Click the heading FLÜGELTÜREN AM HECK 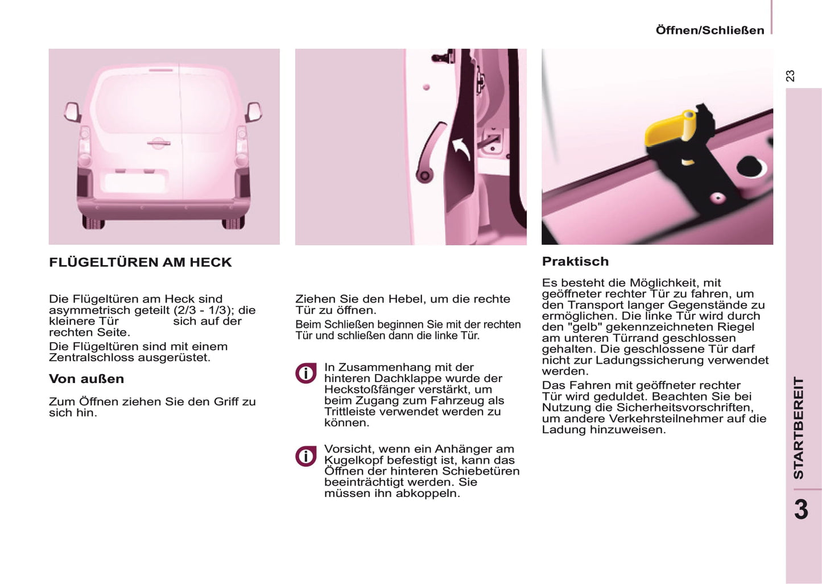(x=141, y=262)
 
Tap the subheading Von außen (x=86, y=379)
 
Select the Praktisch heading (x=575, y=262)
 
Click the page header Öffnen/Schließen (x=709, y=30)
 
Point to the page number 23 (x=790, y=76)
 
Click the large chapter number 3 (x=801, y=509)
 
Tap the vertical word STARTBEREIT (x=799, y=427)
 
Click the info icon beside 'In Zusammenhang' (x=306, y=373)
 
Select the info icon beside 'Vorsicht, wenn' (x=306, y=456)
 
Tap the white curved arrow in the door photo (x=461, y=149)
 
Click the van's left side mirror (x=72, y=112)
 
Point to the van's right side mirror (x=254, y=112)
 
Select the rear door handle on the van (x=158, y=143)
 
